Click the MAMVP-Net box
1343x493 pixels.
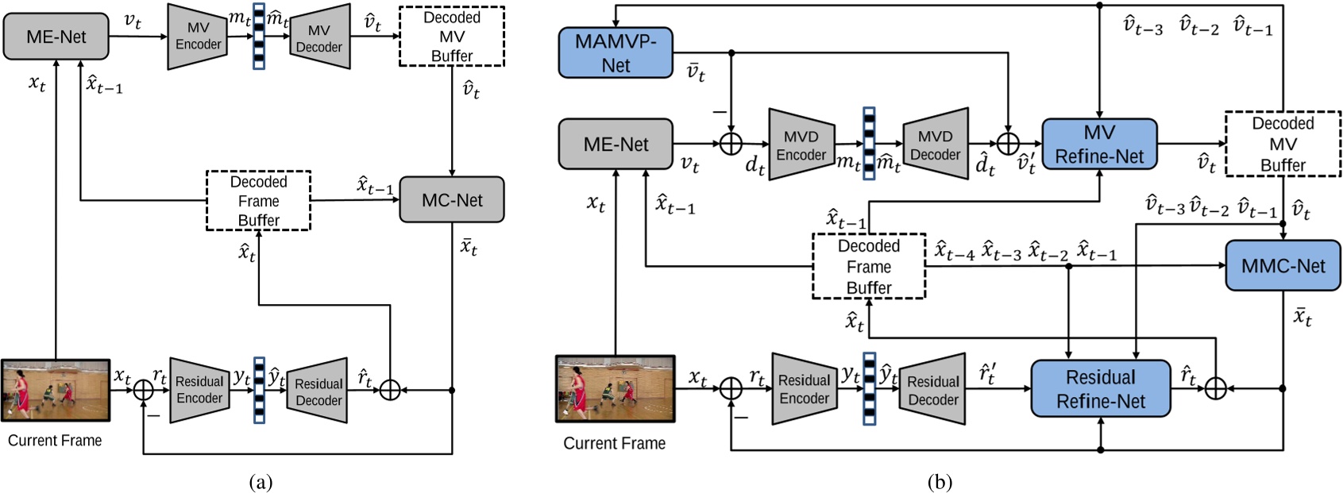pyautogui.click(x=616, y=53)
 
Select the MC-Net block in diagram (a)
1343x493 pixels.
pyautogui.click(x=452, y=200)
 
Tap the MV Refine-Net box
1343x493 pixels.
pyautogui.click(x=1099, y=144)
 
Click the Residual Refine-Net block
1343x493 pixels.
pyautogui.click(x=1100, y=389)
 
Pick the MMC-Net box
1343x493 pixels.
pyautogui.click(x=1283, y=266)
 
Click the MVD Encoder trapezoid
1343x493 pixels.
pyautogui.click(x=801, y=144)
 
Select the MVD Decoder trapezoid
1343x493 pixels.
pyautogui.click(x=935, y=144)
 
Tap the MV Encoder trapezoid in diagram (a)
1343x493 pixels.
pyautogui.click(x=198, y=37)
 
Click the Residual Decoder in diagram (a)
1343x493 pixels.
pyautogui.click(x=318, y=391)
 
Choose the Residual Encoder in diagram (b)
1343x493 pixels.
pyautogui.click(x=804, y=389)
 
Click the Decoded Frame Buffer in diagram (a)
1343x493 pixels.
pyautogui.click(x=258, y=201)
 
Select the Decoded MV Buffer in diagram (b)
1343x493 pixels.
pyautogui.click(x=1283, y=144)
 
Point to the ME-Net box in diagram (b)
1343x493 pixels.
pyautogui.click(x=616, y=144)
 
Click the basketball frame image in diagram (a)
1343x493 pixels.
pyautogui.click(x=56, y=390)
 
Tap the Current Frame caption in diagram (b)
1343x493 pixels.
pyautogui.click(x=614, y=443)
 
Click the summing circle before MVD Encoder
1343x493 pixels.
pyautogui.click(x=730, y=144)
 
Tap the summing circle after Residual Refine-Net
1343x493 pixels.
pyautogui.click(x=1215, y=388)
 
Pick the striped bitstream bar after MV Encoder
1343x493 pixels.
pyautogui.click(x=258, y=37)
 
